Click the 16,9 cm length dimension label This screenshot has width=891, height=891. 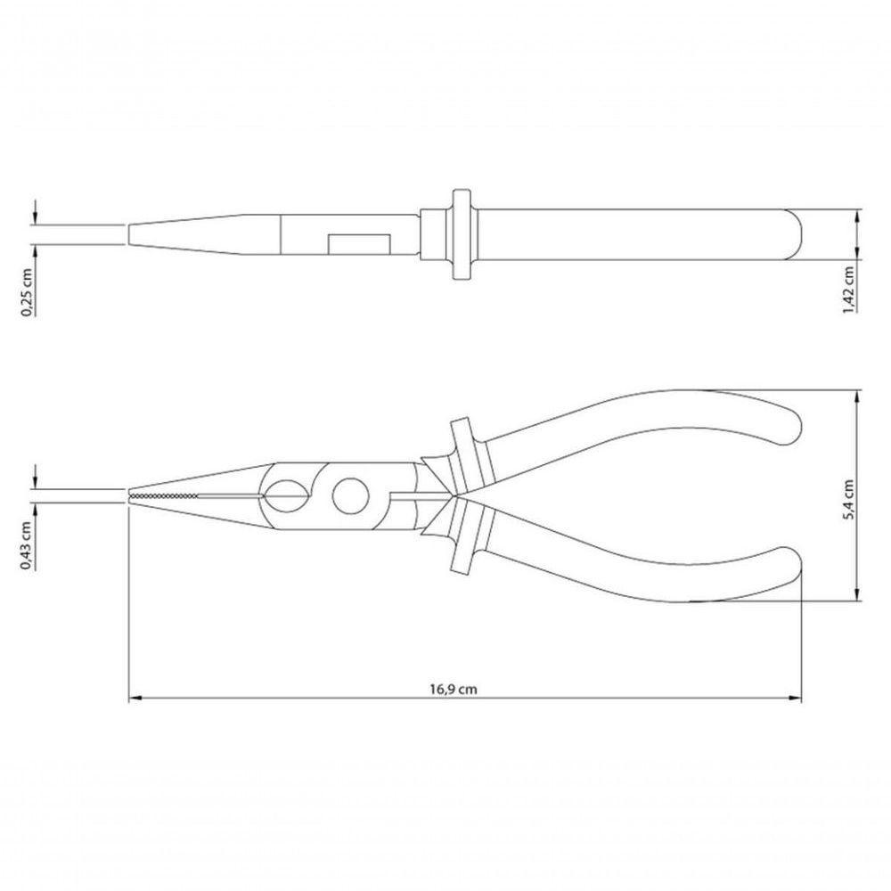pyautogui.click(x=454, y=689)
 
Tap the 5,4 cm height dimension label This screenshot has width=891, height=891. pyautogui.click(x=849, y=496)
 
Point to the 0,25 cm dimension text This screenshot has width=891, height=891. pyautogui.click(x=28, y=291)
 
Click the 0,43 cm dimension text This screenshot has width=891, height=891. pyautogui.click(x=28, y=544)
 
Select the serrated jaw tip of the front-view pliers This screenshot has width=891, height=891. pyautogui.click(x=165, y=495)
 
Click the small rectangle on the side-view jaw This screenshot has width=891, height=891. pyautogui.click(x=359, y=243)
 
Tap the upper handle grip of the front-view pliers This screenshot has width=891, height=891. pyautogui.click(x=642, y=428)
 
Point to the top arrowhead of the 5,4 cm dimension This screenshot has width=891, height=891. pyautogui.click(x=857, y=395)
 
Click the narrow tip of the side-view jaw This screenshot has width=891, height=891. pyautogui.click(x=134, y=234)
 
